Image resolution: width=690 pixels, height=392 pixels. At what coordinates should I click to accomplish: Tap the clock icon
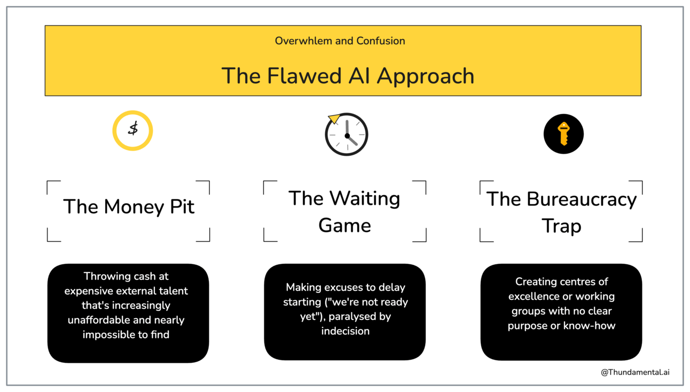coord(346,134)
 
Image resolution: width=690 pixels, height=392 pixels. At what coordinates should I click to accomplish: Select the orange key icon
coord(563,134)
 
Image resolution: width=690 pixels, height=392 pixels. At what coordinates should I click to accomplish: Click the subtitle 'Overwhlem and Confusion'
coord(340,41)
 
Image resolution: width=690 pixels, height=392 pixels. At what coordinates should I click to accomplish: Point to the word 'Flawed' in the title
coord(304,76)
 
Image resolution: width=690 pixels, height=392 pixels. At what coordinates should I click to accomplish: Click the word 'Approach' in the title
coord(426,76)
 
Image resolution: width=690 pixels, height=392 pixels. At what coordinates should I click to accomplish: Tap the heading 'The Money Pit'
coord(129,206)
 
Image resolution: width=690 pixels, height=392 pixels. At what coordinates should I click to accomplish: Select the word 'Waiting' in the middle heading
coord(365,198)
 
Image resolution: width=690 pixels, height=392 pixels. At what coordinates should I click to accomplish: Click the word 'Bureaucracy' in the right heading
coord(582,199)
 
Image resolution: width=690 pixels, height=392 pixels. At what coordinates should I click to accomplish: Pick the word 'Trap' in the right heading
coord(561,226)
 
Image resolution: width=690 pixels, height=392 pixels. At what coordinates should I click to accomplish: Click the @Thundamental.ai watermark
coord(635,372)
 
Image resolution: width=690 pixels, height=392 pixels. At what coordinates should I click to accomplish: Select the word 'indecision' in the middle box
coord(346,331)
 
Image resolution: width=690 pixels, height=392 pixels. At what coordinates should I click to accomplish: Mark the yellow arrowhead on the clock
coord(334,118)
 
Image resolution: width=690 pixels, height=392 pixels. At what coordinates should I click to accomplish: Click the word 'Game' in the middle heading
coord(344,226)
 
